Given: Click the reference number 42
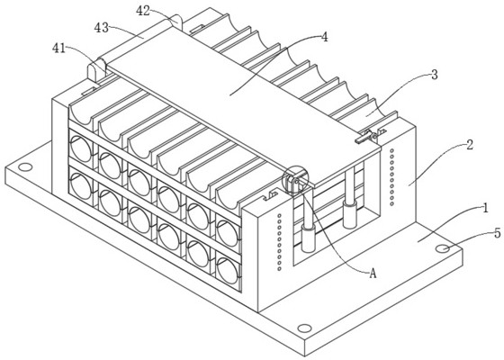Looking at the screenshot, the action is click(143, 11).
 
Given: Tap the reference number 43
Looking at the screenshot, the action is click(101, 28).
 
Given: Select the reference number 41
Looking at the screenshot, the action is click(58, 49).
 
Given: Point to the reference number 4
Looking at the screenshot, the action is click(325, 37).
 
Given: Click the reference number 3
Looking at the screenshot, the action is click(434, 75).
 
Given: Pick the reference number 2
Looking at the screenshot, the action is click(470, 145).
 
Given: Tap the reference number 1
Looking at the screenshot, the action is click(486, 208).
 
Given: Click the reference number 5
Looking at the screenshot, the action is click(497, 233).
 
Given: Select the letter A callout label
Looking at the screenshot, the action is click(373, 274).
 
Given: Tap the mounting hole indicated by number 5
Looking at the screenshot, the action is click(443, 248).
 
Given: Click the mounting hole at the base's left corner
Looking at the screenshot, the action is click(25, 167).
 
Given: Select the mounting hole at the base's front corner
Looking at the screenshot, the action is click(304, 328).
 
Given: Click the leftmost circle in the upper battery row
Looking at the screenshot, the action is click(81, 148).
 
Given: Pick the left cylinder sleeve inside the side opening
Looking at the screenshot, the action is click(308, 238).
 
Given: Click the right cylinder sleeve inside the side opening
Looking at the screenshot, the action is click(350, 214).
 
